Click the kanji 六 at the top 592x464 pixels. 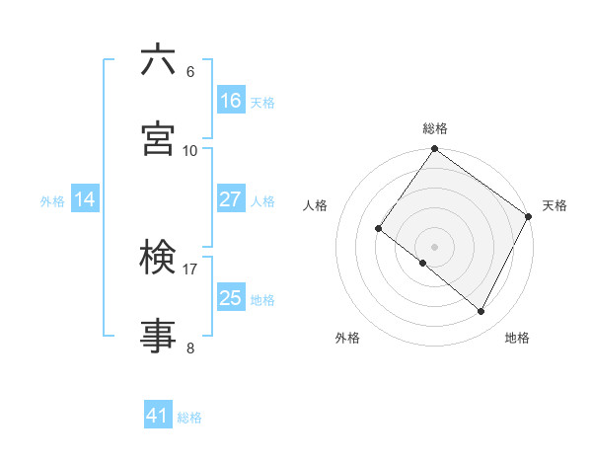click(x=158, y=61)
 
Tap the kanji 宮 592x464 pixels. click(x=158, y=139)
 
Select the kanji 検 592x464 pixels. click(x=158, y=258)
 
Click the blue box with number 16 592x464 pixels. click(x=231, y=101)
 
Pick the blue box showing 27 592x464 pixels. click(x=231, y=199)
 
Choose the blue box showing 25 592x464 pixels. click(x=231, y=298)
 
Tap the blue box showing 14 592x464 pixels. click(x=85, y=199)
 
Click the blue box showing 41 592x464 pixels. click(x=158, y=416)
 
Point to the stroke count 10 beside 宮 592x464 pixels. click(x=190, y=150)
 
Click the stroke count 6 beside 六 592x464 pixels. click(x=190, y=72)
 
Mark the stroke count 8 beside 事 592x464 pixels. click(x=190, y=348)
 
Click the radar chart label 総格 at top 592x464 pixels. click(x=435, y=128)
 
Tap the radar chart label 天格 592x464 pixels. click(x=555, y=205)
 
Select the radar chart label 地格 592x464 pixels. click(x=517, y=338)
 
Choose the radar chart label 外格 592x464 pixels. click(x=347, y=338)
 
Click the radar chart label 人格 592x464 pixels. click(x=316, y=205)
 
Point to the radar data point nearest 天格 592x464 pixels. click(x=529, y=216)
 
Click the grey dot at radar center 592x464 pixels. click(x=435, y=246)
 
